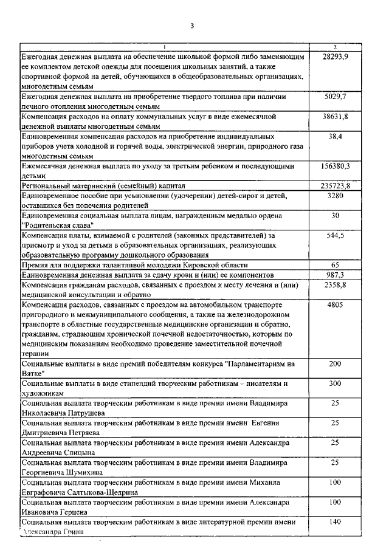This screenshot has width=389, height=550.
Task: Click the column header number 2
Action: (335, 47)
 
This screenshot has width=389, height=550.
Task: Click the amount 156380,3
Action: (335, 165)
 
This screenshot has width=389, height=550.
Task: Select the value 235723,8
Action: (335, 185)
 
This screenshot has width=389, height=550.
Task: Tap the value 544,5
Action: (335, 235)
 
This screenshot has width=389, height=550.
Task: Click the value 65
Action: (335, 265)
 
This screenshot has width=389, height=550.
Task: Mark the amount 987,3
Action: (335, 275)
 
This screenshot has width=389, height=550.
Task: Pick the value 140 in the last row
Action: (335, 522)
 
